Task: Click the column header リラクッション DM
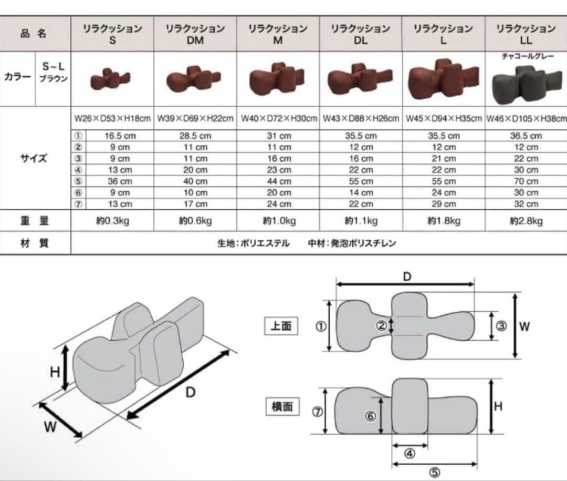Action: pyautogui.click(x=195, y=34)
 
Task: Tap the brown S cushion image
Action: pyautogui.click(x=112, y=80)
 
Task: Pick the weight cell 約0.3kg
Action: pyautogui.click(x=112, y=221)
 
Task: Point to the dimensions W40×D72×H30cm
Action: pyautogui.click(x=278, y=119)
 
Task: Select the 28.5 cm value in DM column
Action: pyautogui.click(x=195, y=136)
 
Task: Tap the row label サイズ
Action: pyautogui.click(x=34, y=158)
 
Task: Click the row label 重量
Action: pyautogui.click(x=34, y=221)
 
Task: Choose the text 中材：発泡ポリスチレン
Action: pyautogui.click(x=352, y=243)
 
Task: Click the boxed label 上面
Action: pyautogui.click(x=281, y=326)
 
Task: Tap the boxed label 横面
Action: pyautogui.click(x=282, y=406)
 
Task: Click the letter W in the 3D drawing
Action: pyautogui.click(x=50, y=427)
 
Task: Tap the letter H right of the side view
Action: pyautogui.click(x=498, y=406)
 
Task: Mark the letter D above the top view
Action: pyautogui.click(x=406, y=277)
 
